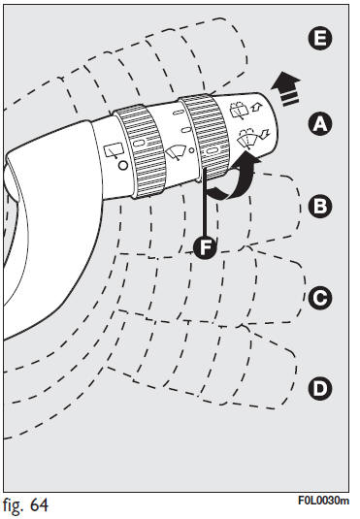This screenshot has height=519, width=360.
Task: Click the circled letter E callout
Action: [x=319, y=39]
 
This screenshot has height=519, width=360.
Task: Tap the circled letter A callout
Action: [x=320, y=124]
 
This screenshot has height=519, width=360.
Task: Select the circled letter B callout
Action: [x=320, y=207]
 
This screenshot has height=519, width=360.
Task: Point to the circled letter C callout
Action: [x=320, y=298]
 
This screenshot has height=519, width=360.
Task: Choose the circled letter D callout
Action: [x=320, y=388]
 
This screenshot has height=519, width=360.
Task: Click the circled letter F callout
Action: [x=206, y=247]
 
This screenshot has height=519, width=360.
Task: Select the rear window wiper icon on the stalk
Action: [x=114, y=150]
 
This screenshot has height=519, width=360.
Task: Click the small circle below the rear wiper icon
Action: [x=123, y=165]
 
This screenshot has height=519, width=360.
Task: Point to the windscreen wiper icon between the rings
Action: [x=177, y=152]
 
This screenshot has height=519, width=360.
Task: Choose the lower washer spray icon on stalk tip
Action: [x=253, y=138]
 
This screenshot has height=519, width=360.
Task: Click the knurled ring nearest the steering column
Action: [x=140, y=151]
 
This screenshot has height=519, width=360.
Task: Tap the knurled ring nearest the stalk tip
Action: [x=205, y=137]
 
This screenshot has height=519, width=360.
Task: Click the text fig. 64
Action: [x=25, y=505]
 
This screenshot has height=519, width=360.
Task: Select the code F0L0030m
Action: [x=323, y=501]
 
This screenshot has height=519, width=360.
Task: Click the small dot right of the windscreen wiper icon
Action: [x=191, y=150]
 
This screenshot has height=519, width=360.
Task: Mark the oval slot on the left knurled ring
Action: [x=139, y=143]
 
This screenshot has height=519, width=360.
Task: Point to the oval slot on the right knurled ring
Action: [x=212, y=150]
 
